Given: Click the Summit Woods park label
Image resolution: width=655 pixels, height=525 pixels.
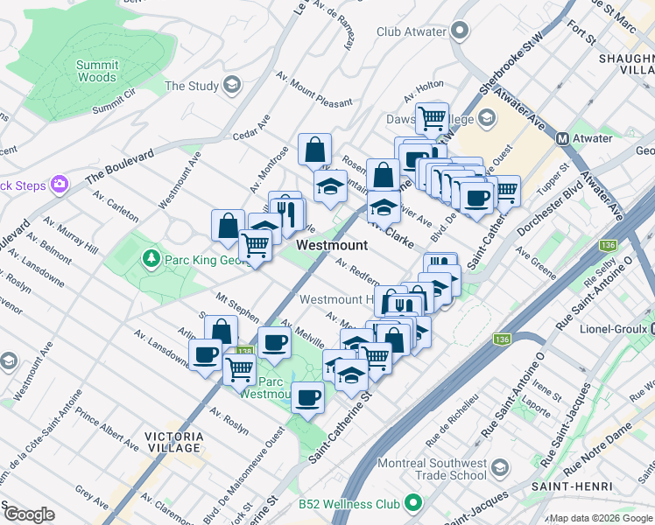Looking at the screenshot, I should (96, 71).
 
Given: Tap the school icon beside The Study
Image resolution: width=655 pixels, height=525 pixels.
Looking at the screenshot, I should (231, 85).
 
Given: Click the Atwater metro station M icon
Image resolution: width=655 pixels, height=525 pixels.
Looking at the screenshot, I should (563, 138).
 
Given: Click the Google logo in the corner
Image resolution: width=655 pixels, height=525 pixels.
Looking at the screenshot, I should (28, 514).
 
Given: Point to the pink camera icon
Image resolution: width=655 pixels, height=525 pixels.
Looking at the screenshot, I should (60, 184).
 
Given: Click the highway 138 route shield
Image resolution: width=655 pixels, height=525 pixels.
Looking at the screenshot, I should (243, 351).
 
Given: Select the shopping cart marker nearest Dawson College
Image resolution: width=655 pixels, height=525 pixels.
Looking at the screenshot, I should (432, 117).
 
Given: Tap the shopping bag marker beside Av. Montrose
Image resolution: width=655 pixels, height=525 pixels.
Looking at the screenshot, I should (314, 150).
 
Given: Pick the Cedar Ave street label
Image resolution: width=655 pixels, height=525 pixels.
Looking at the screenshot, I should (251, 128).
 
